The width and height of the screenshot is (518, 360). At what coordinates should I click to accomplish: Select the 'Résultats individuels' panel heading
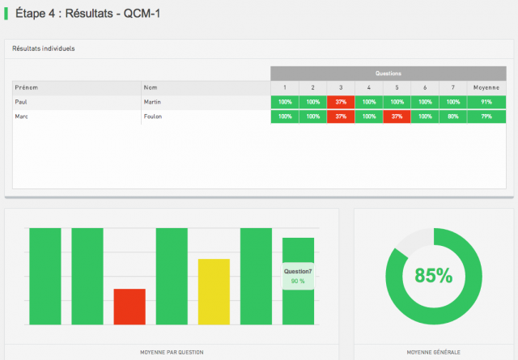pyautogui.click(x=44, y=49)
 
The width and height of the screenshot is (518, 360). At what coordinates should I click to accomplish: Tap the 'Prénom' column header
pyautogui.click(x=27, y=87)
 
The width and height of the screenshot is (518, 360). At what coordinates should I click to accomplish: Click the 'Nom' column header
pyautogui.click(x=150, y=87)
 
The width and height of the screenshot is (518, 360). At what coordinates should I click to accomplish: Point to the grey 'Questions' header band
pyautogui.click(x=388, y=73)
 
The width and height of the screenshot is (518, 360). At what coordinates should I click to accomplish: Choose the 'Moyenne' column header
pyautogui.click(x=486, y=87)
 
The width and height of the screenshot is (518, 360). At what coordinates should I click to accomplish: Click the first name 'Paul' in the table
pyautogui.click(x=21, y=102)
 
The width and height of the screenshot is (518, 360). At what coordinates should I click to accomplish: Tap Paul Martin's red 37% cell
pyautogui.click(x=341, y=102)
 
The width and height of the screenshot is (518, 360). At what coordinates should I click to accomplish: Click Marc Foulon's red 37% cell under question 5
pyautogui.click(x=397, y=116)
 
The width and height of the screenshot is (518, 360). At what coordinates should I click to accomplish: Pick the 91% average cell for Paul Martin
pyautogui.click(x=486, y=102)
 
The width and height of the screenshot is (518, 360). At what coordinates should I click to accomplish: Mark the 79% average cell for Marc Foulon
pyautogui.click(x=486, y=116)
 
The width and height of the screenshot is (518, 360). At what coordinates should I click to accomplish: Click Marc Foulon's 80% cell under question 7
pyautogui.click(x=453, y=116)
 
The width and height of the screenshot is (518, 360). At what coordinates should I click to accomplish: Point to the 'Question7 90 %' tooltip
pyautogui.click(x=298, y=276)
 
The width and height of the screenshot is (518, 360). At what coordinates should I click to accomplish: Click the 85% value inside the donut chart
pyautogui.click(x=433, y=275)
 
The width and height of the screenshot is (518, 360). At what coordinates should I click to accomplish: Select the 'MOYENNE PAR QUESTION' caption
pyautogui.click(x=171, y=352)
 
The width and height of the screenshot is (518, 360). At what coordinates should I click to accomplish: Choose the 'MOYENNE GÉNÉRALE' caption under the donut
pyautogui.click(x=433, y=352)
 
